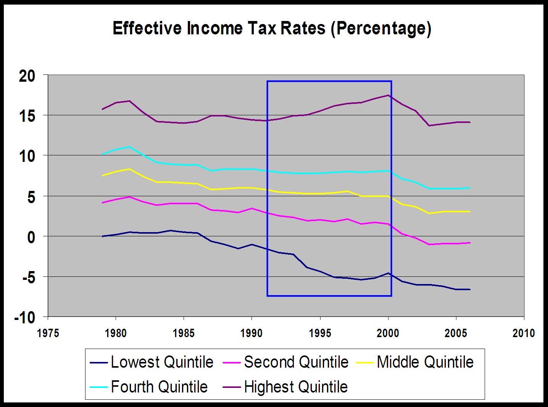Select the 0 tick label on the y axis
(x=31, y=237)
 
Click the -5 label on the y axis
(x=27, y=277)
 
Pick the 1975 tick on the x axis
(x=48, y=333)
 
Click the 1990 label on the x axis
(x=252, y=333)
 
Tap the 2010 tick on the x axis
(x=524, y=333)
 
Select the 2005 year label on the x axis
(x=456, y=333)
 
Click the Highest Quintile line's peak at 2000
(x=388, y=95)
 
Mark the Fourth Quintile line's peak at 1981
(x=130, y=147)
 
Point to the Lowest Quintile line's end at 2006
(x=470, y=289)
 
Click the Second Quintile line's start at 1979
(x=102, y=203)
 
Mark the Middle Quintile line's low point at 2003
(x=429, y=213)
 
